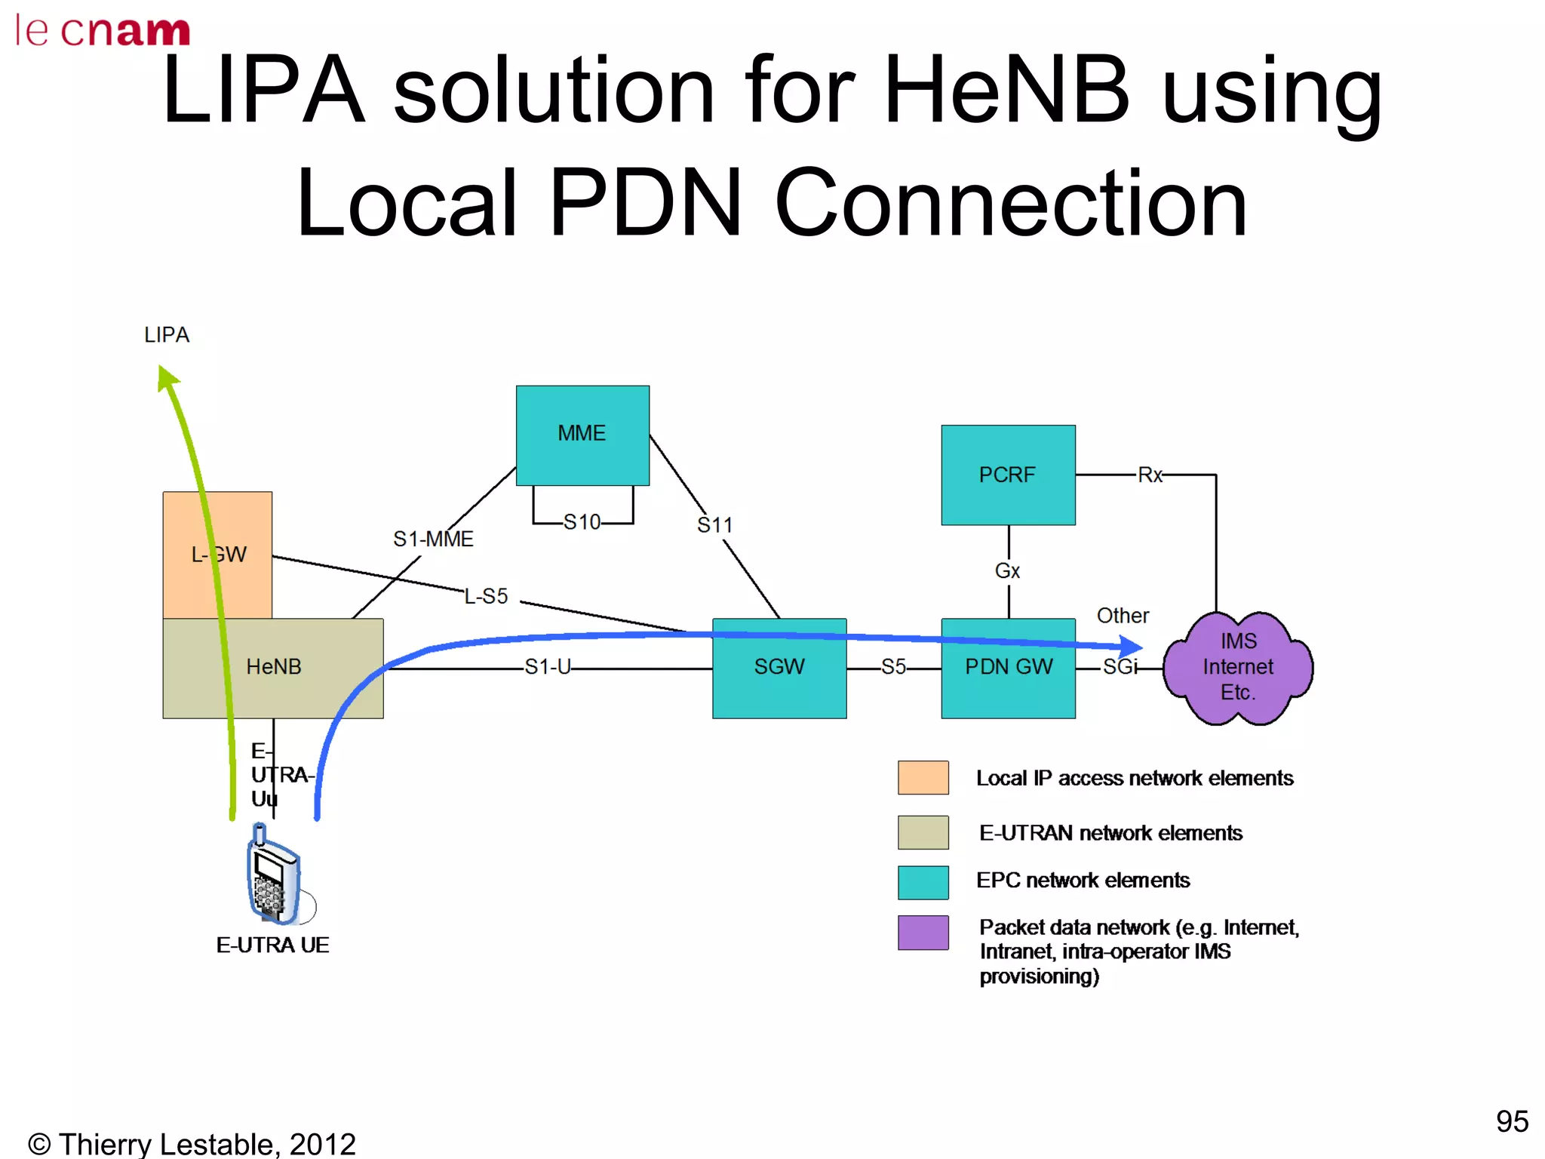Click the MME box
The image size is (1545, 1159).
582,435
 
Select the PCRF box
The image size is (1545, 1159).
1008,475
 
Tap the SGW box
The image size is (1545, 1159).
779,668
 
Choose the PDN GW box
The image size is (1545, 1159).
1008,668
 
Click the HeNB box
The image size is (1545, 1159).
273,668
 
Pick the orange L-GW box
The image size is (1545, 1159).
217,555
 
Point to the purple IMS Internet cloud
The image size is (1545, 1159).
1237,668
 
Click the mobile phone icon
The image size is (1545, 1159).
273,875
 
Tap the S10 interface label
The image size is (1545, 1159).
582,522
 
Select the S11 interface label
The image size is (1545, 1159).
714,525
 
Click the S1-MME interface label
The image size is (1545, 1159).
433,539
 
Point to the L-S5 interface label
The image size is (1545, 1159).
486,597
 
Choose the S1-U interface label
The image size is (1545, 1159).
548,667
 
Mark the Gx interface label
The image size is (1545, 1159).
1007,571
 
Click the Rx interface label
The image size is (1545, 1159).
1150,475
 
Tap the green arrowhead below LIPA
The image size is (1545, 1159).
167,377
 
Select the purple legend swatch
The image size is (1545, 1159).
923,933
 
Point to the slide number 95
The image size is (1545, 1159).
1512,1121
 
